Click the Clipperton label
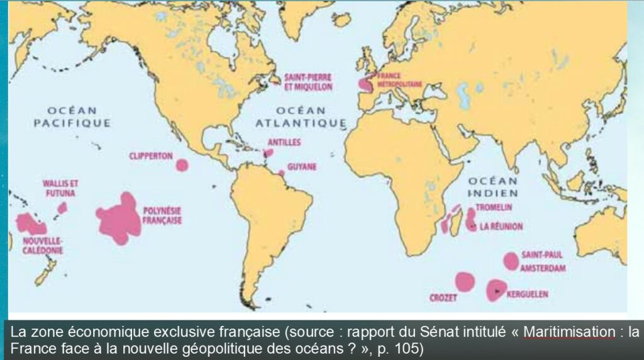pos(151,155)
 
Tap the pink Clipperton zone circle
pos(182,165)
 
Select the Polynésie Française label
pos(162,217)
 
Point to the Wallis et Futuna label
pos(60,188)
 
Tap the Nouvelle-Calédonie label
pos(42,245)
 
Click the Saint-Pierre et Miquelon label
pos(308,82)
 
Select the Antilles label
pos(284,142)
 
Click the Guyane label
pos(302,167)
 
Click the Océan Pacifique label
pos(72,116)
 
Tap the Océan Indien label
pos(493,187)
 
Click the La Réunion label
pos(501,226)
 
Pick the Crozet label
pos(443,298)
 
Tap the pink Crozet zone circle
pos(465,281)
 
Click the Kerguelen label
pos(527,294)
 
